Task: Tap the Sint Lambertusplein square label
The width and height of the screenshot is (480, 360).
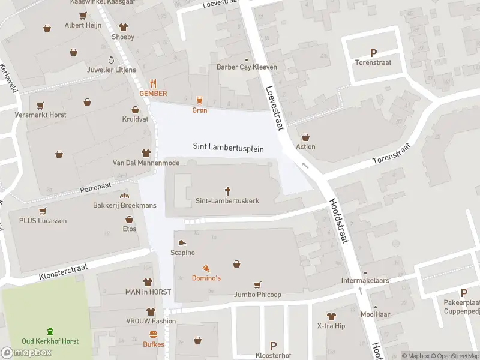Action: [x=228, y=146]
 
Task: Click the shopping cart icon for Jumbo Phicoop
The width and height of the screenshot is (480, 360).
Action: [x=258, y=284]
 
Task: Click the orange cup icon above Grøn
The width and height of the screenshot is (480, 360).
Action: [x=199, y=100]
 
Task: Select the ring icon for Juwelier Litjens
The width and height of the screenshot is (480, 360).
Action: [x=111, y=59]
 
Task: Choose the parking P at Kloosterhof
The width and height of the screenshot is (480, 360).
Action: [x=273, y=346]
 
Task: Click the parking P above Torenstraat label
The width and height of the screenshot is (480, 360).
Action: [x=374, y=53]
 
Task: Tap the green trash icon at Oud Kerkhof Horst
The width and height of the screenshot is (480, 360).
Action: [x=50, y=331]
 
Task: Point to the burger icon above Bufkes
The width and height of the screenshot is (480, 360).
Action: [x=153, y=334]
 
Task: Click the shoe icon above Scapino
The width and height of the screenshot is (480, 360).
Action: [x=182, y=242]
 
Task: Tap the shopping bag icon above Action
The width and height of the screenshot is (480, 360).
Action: [x=305, y=137]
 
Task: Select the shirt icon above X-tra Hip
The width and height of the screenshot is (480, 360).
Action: [x=331, y=316]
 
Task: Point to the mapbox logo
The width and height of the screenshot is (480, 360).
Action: [x=27, y=353]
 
